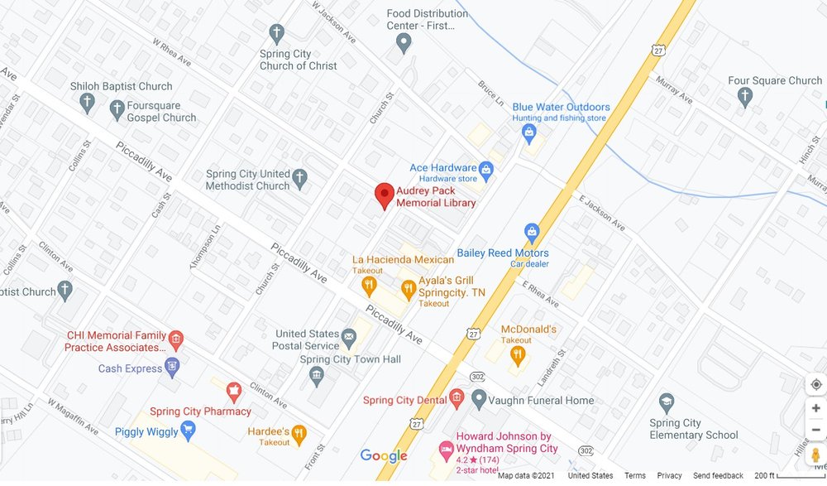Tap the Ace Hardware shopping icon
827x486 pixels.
pyautogui.click(x=486, y=171)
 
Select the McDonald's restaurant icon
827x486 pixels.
pyautogui.click(x=518, y=356)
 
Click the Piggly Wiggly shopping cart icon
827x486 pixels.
pyautogui.click(x=188, y=429)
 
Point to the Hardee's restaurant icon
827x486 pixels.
pyautogui.click(x=299, y=432)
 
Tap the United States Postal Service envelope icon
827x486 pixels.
pyautogui.click(x=349, y=338)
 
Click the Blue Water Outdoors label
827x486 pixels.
pyautogui.click(x=561, y=107)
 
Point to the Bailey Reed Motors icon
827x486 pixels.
pyautogui.click(x=532, y=231)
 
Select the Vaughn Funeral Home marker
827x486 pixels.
pyautogui.click(x=478, y=400)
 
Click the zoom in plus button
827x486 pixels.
pyautogui.click(x=815, y=408)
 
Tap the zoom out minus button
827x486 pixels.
pyautogui.click(x=815, y=430)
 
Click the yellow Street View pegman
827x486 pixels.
pyautogui.click(x=815, y=455)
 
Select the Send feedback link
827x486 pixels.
pyautogui.click(x=718, y=476)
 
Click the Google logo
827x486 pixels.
pyautogui.click(x=384, y=456)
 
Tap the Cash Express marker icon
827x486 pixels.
pyautogui.click(x=172, y=367)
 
